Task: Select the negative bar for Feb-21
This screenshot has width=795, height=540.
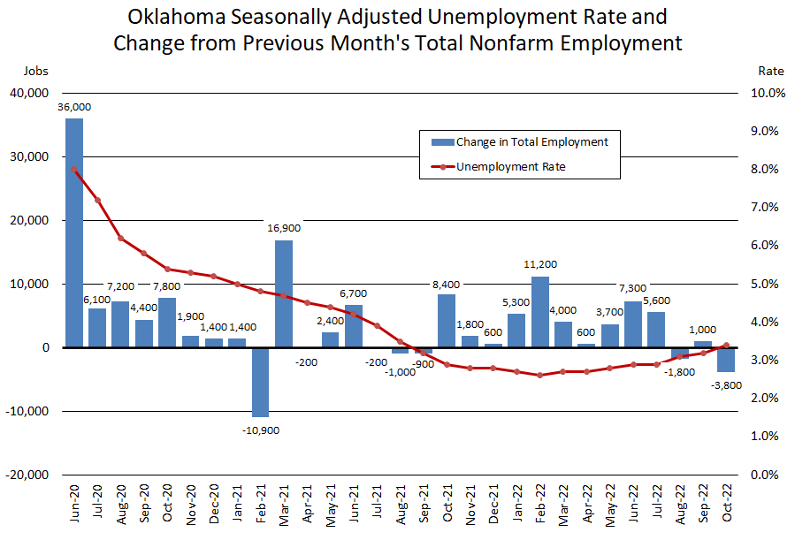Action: pos(260,382)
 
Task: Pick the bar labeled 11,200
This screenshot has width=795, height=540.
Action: pos(540,312)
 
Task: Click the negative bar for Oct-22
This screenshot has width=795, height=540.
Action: pos(726,360)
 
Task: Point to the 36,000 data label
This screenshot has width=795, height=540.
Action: pos(74,107)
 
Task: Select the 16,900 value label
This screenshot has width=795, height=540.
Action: pos(284,228)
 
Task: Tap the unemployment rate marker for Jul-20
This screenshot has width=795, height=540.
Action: pos(97,200)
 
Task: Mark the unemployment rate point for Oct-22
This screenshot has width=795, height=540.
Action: pos(726,346)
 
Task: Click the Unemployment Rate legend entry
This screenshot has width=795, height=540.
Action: pos(510,166)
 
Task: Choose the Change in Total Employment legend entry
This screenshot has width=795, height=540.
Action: pos(531,141)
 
